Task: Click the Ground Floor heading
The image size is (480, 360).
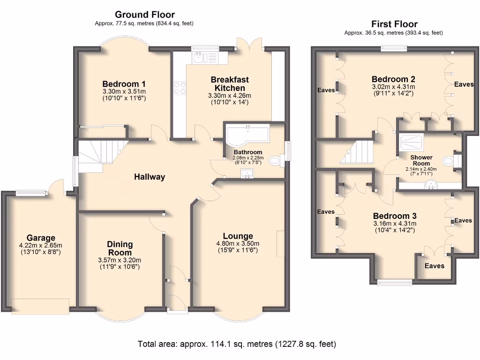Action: coord(145,15)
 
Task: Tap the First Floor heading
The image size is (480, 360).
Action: coord(394,24)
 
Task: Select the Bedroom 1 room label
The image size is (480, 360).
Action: coord(124,84)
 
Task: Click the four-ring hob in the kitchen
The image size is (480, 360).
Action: coord(180,88)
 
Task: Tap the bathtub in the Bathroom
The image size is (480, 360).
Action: coord(247,135)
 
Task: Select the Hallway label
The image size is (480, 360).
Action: coord(150,177)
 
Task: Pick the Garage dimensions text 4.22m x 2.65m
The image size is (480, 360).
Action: coord(41,245)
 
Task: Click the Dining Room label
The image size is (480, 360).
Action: coord(120,248)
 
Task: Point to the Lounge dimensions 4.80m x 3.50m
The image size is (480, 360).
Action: coord(238,244)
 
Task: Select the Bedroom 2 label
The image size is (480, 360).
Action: coord(393,79)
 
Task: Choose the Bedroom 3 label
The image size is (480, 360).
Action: coord(395,216)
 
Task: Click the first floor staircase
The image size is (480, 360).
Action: coord(357,152)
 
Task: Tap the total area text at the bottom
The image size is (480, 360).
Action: coord(237,344)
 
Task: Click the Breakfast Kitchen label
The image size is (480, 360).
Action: coord(230,83)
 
